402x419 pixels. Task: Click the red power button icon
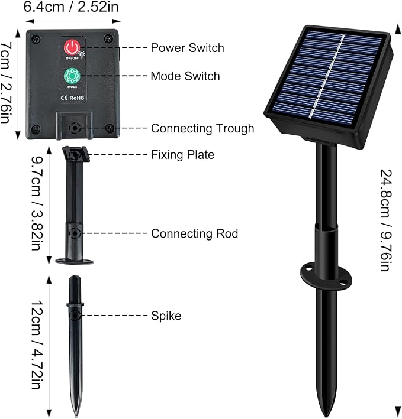tap(72, 47)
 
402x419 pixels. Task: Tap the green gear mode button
tap(72, 76)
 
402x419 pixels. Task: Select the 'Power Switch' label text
tap(187, 48)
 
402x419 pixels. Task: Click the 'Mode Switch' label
tap(185, 76)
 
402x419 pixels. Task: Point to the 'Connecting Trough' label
tap(202, 128)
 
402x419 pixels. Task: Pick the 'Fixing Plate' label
tap(183, 155)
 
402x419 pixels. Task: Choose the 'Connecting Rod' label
tap(195, 233)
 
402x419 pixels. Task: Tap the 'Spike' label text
tap(166, 316)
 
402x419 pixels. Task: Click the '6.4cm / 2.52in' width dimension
tap(71, 7)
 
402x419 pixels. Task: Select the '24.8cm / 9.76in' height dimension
tap(387, 220)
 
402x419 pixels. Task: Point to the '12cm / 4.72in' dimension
tap(37, 345)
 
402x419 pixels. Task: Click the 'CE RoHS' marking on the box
tap(72, 98)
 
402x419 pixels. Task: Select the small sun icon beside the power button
tap(82, 54)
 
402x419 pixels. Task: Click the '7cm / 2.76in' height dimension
tap(6, 83)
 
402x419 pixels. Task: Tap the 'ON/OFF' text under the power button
tap(72, 58)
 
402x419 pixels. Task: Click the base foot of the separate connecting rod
tap(75, 261)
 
